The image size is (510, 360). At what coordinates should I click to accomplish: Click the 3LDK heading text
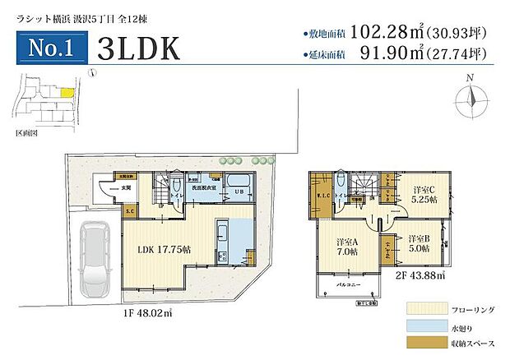[137, 48]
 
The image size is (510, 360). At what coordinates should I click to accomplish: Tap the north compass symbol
[470, 98]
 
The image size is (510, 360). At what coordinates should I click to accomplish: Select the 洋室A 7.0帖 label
[346, 247]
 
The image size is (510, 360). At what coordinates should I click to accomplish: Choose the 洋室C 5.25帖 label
[428, 196]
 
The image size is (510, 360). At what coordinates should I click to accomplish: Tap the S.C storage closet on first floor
[130, 210]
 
